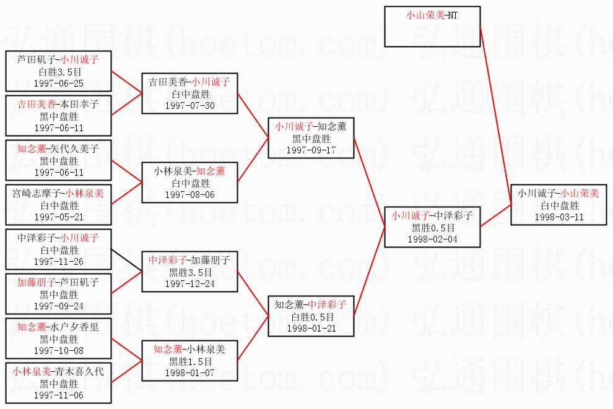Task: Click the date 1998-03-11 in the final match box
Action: click(560, 217)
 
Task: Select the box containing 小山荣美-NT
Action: click(432, 27)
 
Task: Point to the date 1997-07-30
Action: click(189, 105)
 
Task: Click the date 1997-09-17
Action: click(311, 150)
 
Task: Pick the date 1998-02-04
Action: click(432, 239)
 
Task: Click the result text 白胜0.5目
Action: click(311, 317)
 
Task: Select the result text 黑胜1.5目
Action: click(189, 361)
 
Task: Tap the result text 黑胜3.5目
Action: click(189, 272)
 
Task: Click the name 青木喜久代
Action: click(79, 372)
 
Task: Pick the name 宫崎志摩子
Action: click(37, 194)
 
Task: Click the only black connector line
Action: click(126, 260)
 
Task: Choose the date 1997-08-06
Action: click(189, 194)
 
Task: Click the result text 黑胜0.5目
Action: click(432, 228)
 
